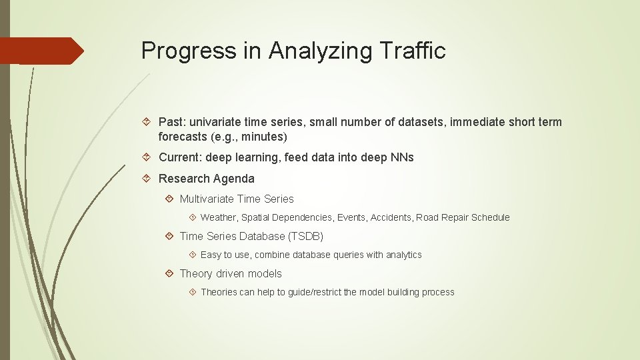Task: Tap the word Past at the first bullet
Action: (172, 122)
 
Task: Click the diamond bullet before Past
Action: (148, 122)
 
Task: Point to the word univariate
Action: (217, 122)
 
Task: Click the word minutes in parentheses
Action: (264, 137)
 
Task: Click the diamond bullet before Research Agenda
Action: (148, 179)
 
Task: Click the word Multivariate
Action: (207, 199)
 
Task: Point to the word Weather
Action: (219, 217)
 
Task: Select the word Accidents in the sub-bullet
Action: (391, 217)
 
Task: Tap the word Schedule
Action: (490, 217)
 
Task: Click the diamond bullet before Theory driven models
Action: (169, 273)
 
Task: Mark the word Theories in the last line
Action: (219, 292)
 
